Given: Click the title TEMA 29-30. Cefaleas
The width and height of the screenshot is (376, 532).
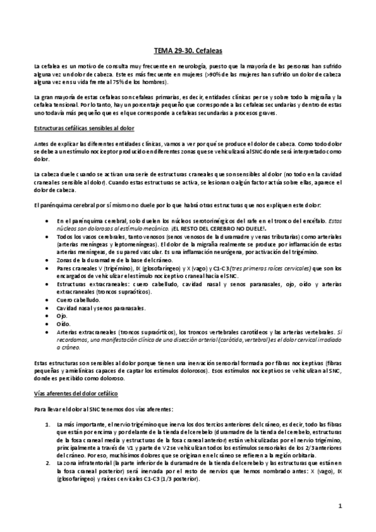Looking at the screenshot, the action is click(188, 48).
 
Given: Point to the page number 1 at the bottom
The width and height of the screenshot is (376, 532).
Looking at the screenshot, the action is click(340, 505).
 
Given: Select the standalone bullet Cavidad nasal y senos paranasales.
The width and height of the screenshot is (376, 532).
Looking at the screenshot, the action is click(100, 308).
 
